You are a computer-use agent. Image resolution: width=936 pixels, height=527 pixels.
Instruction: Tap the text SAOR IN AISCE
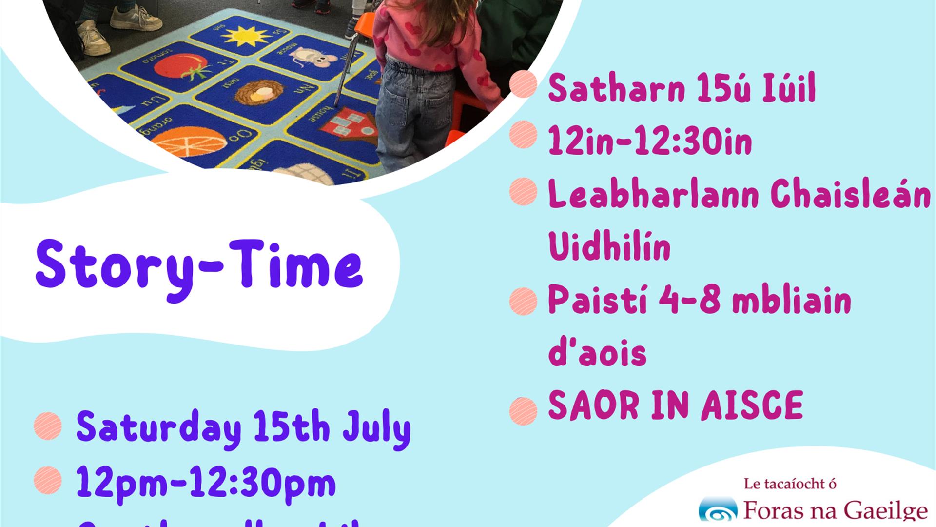[x=675, y=405]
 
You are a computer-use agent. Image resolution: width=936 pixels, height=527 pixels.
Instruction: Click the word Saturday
[x=158, y=428]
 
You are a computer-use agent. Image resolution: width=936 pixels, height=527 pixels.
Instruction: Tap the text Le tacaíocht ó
[x=790, y=484]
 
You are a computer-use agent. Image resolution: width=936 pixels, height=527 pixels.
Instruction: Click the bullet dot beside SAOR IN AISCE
[x=523, y=410]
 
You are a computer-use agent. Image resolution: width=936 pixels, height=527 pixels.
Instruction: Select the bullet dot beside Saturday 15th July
[x=48, y=426]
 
